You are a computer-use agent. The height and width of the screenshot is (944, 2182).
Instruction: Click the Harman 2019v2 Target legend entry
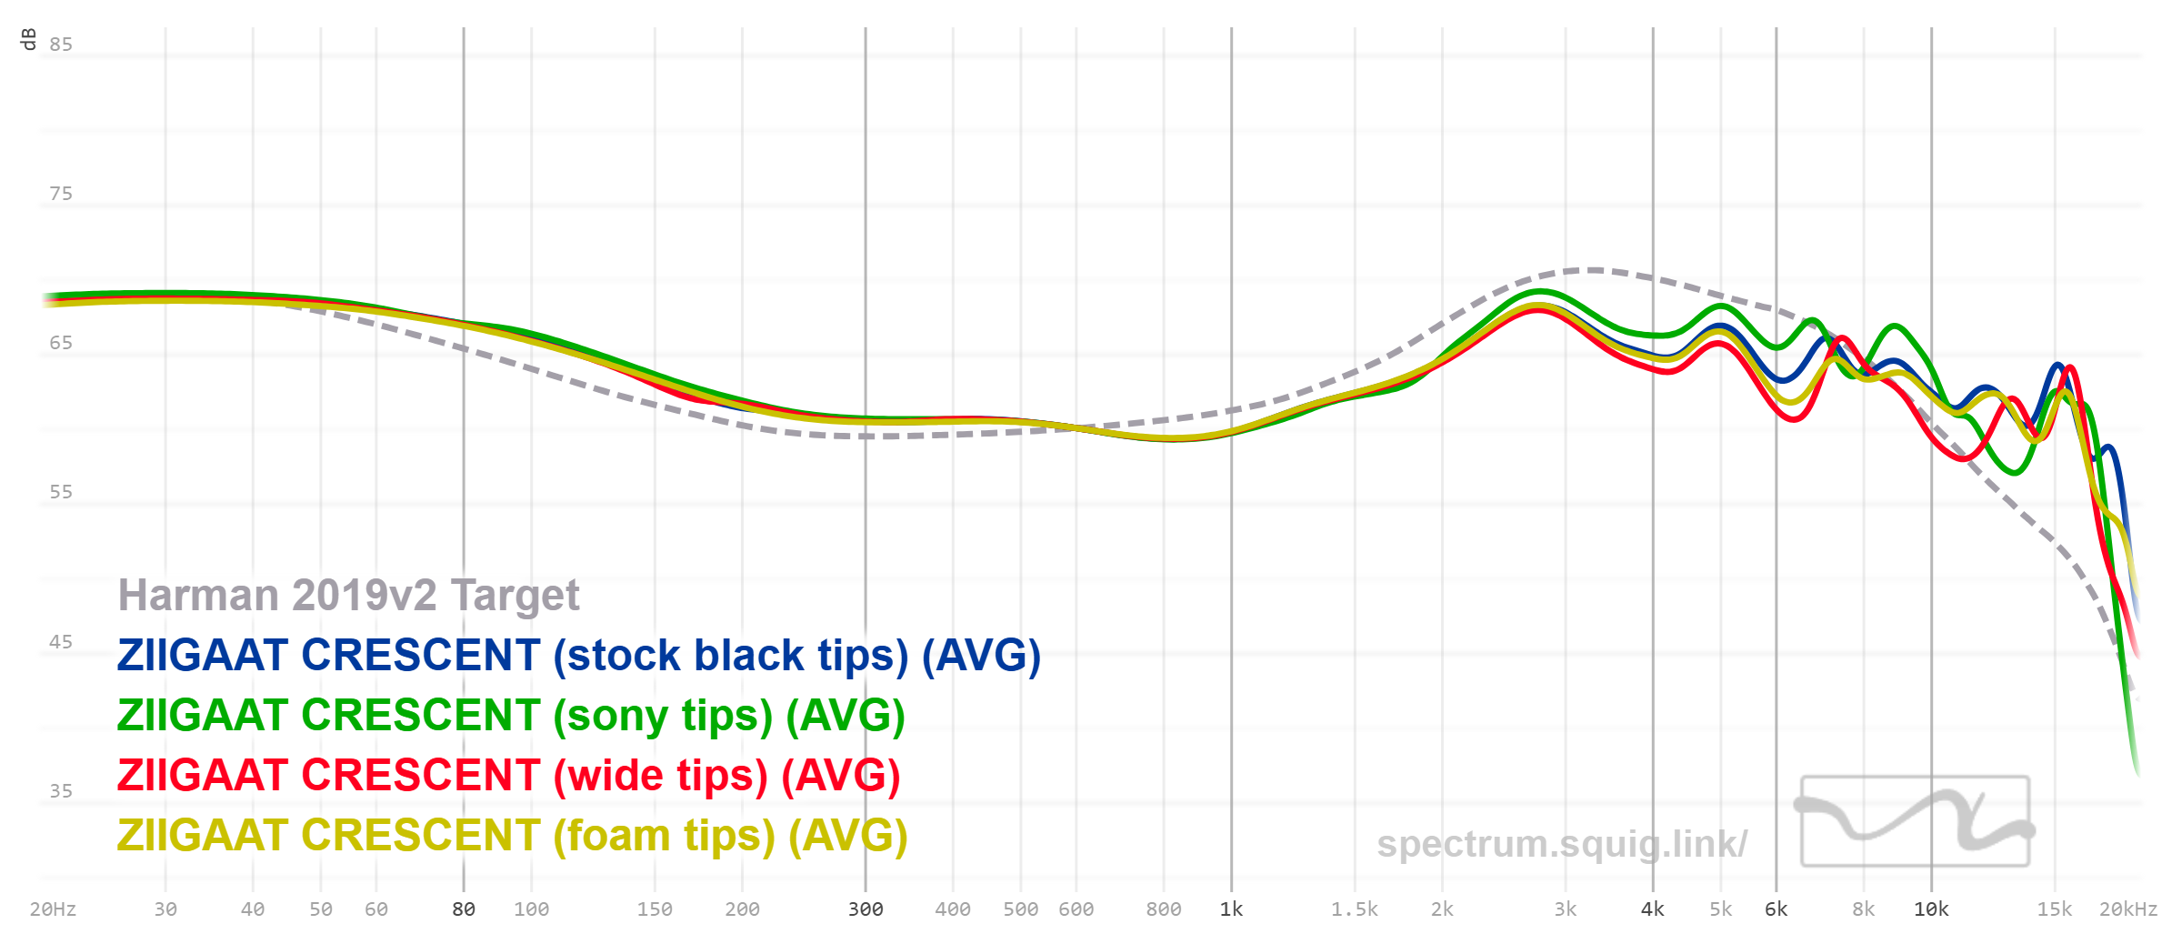[348, 596]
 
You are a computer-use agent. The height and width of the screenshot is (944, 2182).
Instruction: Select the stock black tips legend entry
[578, 656]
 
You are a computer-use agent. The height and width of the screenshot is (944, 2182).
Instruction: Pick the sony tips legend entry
[510, 716]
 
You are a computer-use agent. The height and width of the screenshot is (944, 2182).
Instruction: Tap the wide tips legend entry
[508, 776]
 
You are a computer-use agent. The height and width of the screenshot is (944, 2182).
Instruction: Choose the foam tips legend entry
[512, 836]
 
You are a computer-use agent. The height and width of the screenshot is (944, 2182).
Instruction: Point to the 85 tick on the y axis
[61, 45]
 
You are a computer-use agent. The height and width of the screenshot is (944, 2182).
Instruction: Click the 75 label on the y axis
[61, 194]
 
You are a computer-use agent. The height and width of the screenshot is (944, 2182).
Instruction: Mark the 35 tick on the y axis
[61, 791]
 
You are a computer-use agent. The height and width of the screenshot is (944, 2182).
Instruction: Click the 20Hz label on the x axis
[53, 909]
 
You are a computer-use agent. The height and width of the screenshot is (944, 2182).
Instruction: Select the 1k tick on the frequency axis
[1231, 909]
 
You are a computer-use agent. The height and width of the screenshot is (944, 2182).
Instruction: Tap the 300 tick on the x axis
[866, 909]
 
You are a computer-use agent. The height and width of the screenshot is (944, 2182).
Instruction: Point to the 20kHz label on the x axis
[2127, 909]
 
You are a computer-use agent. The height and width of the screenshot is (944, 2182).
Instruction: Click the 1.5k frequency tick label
[1355, 909]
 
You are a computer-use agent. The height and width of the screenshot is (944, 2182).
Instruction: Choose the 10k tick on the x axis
[1931, 909]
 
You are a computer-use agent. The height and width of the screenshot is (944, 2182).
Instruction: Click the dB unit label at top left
[28, 39]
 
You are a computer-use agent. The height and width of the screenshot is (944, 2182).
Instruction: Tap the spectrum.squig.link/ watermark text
[1561, 844]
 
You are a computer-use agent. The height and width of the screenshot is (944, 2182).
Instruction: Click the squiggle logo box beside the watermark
[1915, 820]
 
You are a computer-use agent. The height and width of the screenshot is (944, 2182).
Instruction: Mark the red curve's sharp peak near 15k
[2070, 367]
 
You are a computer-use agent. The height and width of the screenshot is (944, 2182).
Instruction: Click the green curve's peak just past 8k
[1895, 326]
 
